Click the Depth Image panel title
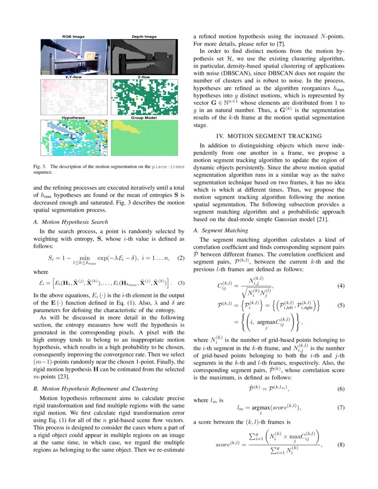(x=144, y=36)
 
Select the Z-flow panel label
(x=144, y=77)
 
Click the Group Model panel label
(x=144, y=118)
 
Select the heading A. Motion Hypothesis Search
(x=71, y=222)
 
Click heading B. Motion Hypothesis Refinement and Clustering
(x=95, y=389)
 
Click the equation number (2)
(x=181, y=258)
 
